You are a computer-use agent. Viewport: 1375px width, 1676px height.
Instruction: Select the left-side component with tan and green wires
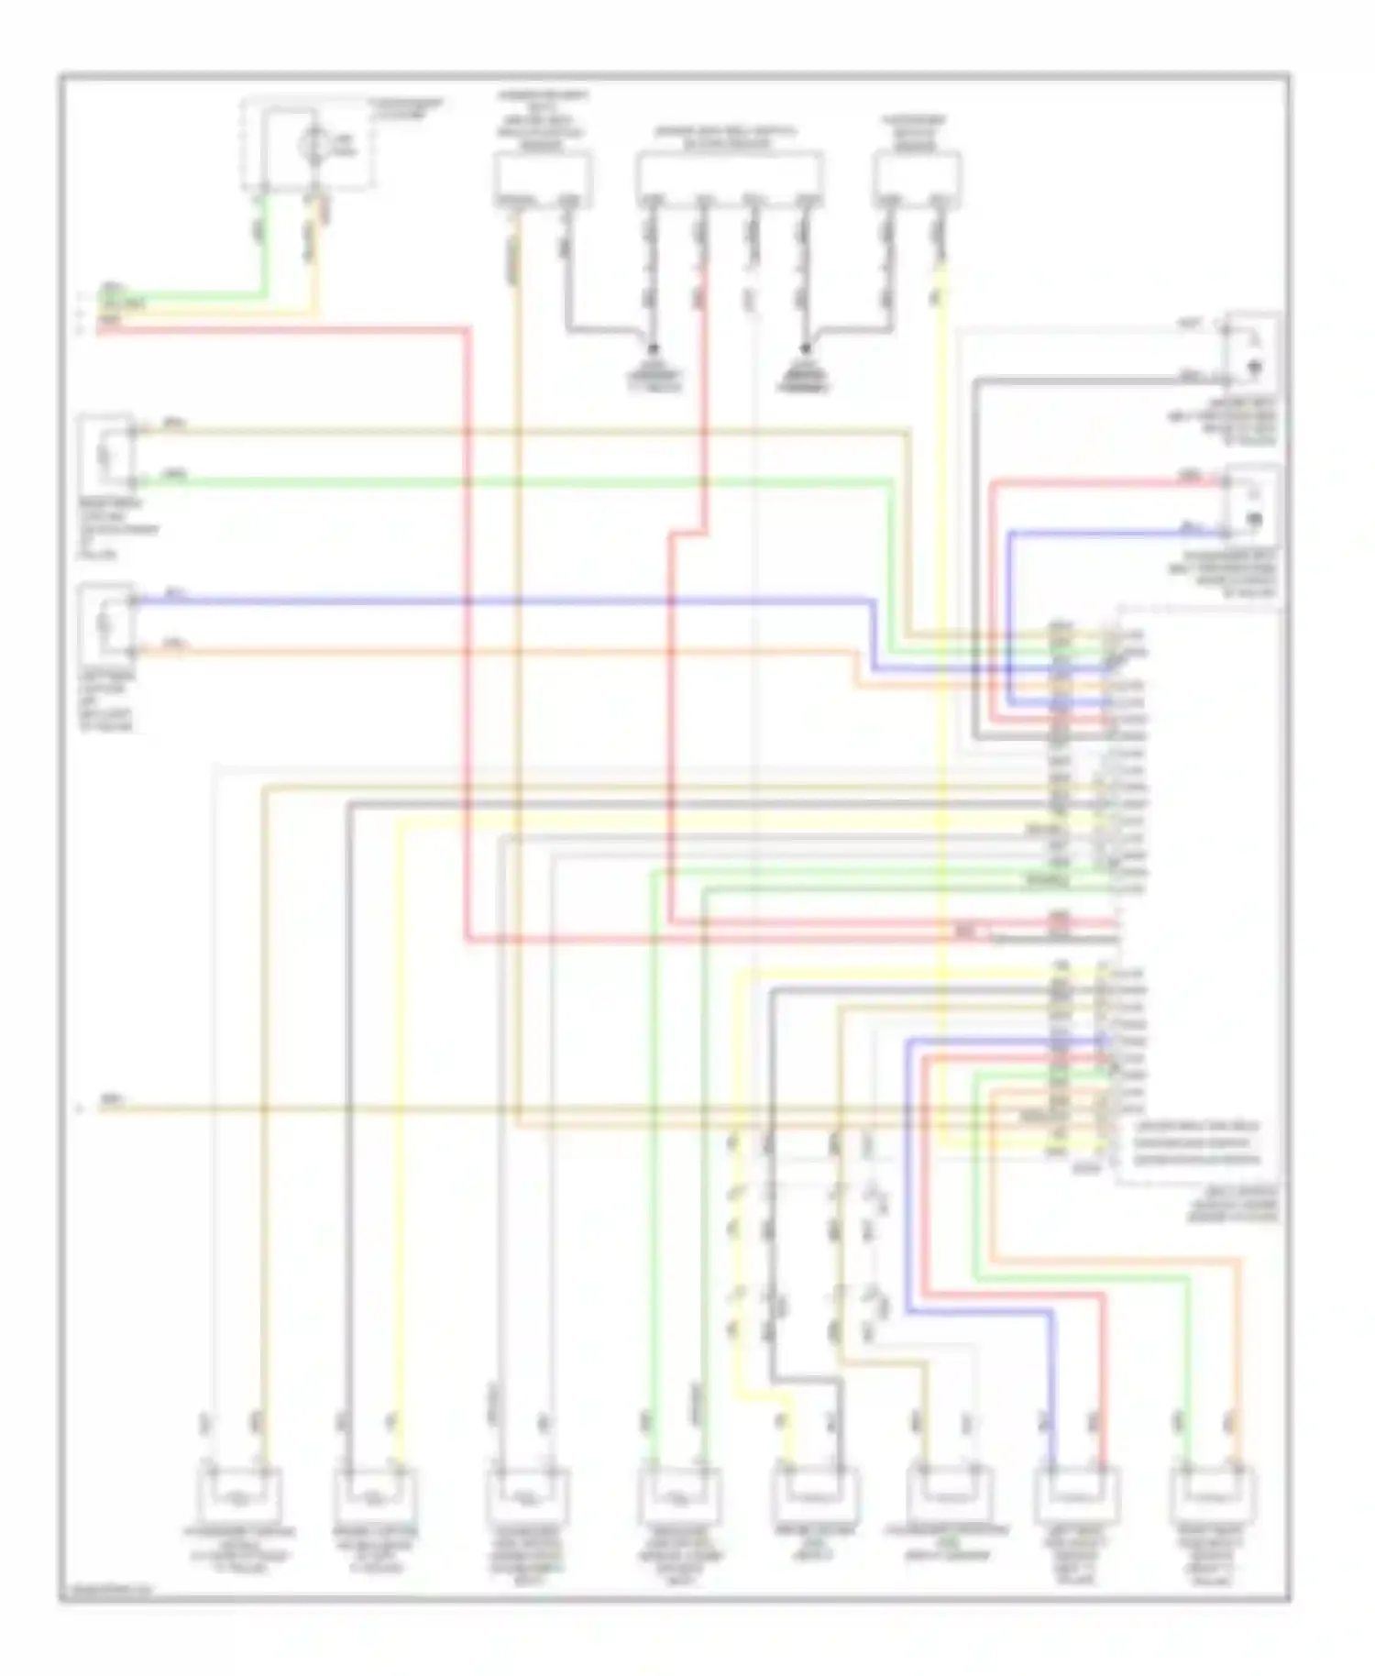pyautogui.click(x=107, y=454)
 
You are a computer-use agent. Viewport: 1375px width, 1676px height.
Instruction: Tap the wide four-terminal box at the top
pyautogui.click(x=729, y=180)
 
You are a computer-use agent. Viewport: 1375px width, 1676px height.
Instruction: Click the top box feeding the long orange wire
pyautogui.click(x=543, y=180)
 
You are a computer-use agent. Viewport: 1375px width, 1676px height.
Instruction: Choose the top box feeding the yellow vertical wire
pyautogui.click(x=918, y=180)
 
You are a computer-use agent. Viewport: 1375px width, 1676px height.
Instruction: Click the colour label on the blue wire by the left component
pyautogui.click(x=174, y=595)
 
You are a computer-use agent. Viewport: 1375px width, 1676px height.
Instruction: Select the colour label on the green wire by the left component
pyautogui.click(x=174, y=474)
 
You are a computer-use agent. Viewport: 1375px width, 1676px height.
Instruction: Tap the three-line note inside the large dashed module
pyautogui.click(x=1196, y=1143)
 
